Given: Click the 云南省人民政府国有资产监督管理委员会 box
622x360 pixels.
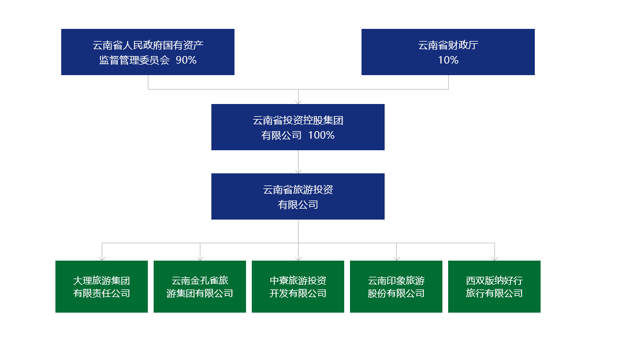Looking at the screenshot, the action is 148,52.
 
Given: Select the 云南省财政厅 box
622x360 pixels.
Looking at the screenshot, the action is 448,52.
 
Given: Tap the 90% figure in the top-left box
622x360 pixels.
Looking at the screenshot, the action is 186,60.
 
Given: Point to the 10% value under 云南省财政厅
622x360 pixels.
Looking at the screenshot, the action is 448,60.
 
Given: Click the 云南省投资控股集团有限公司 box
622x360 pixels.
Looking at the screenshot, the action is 298,127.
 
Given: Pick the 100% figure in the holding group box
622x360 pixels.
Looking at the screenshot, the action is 321,135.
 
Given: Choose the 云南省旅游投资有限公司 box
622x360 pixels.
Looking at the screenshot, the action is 298,196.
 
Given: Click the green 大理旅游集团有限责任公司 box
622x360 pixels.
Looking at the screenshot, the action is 102,287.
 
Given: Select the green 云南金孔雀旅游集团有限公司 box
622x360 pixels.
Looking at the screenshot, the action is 199,287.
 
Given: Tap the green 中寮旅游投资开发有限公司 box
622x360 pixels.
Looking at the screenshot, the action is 298,287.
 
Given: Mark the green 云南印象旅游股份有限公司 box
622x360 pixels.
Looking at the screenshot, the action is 396,287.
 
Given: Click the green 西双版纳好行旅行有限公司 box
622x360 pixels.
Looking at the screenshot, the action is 494,287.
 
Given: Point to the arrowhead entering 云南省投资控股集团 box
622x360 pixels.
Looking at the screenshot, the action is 299,102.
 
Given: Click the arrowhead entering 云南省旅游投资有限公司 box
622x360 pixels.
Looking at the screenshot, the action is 299,172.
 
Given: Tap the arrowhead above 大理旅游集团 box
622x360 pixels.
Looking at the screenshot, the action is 102,259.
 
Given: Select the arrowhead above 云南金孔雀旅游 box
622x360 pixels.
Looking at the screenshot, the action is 200,259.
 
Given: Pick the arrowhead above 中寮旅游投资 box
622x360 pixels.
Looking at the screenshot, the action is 299,259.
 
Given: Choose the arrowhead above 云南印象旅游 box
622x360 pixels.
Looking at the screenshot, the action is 396,259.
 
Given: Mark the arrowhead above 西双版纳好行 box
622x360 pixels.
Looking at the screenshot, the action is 495,259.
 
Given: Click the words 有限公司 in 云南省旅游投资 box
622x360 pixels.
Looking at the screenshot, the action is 298,205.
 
